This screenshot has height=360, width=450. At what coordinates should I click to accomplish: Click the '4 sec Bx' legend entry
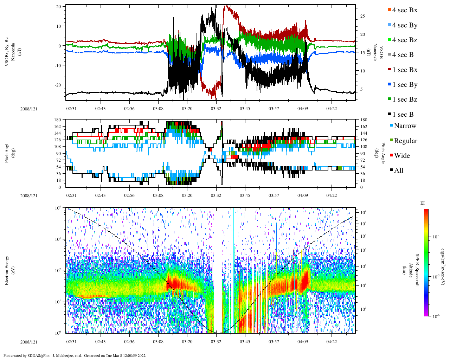pyautogui.click(x=405, y=10)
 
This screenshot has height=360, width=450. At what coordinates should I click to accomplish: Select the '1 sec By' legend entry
pyautogui.click(x=405, y=85)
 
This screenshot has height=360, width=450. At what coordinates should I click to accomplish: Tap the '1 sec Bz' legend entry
pyautogui.click(x=405, y=99)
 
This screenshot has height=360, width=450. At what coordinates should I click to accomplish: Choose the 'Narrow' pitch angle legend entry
pyautogui.click(x=405, y=126)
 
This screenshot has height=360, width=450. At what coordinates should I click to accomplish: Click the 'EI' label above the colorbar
pyautogui.click(x=423, y=203)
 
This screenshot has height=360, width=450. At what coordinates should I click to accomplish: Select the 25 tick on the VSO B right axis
pyautogui.click(x=362, y=16)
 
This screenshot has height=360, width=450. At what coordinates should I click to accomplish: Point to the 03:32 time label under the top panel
pyautogui.click(x=216, y=109)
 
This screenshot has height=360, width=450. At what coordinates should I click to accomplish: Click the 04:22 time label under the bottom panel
pyautogui.click(x=331, y=342)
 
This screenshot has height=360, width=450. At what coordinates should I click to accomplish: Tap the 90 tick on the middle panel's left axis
pyautogui.click(x=58, y=153)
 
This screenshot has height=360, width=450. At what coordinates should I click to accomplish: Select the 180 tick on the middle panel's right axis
pyautogui.click(x=364, y=120)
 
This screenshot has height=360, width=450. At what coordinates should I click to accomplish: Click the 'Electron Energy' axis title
pyautogui.click(x=7, y=270)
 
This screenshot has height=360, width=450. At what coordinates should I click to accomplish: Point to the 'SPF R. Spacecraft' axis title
pyautogui.click(x=417, y=270)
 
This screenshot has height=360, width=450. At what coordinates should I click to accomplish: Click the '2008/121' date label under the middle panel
pyautogui.click(x=29, y=196)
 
